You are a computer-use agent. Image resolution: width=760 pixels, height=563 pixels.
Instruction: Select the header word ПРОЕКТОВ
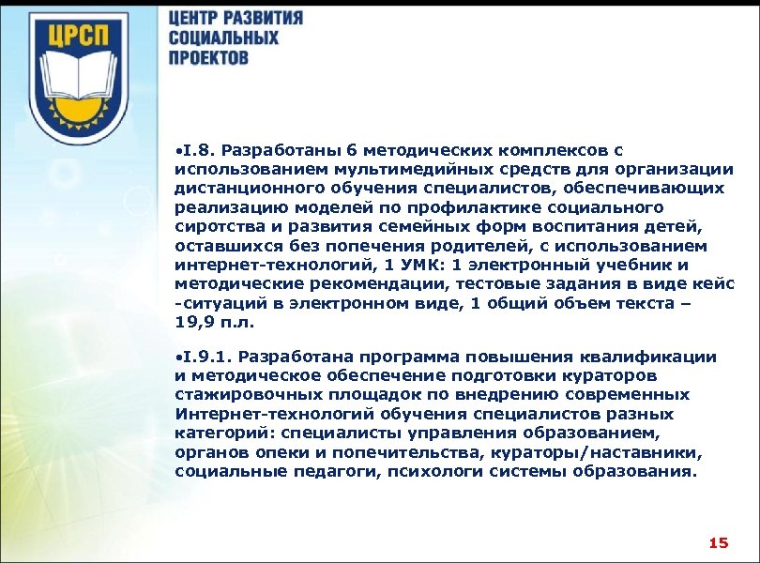[x=209, y=56]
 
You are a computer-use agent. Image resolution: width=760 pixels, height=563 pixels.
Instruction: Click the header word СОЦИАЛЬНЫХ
[x=224, y=38]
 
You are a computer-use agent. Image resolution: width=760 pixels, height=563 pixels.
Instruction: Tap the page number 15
[x=719, y=542]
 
